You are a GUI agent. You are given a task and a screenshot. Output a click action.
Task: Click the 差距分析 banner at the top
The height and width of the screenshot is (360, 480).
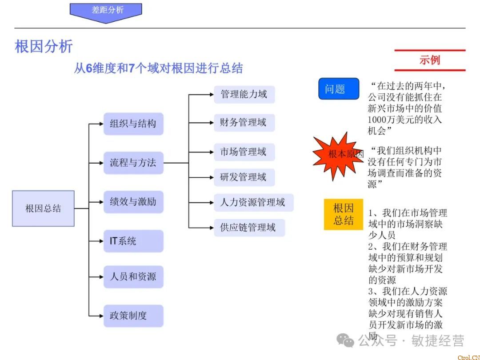106,11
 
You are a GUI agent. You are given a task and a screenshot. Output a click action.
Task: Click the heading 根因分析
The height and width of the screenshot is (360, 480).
44,47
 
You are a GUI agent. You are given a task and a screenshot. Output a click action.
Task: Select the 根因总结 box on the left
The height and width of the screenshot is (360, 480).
43,208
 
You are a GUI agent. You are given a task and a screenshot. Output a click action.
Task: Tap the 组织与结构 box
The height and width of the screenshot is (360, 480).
133,124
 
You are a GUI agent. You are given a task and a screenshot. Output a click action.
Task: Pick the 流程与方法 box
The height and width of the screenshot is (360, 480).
133,163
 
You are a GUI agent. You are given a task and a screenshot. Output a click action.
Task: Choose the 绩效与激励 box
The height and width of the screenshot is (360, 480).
133,202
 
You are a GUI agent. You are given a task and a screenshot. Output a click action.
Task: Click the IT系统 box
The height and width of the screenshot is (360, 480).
133,241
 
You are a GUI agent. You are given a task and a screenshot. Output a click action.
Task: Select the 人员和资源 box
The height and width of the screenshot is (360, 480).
133,276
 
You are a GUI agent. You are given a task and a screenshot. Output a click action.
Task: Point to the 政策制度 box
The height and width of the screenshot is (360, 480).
133,316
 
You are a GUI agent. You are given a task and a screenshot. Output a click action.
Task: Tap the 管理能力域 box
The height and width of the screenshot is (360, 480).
244,95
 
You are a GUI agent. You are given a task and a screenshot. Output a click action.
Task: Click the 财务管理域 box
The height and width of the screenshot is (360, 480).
244,123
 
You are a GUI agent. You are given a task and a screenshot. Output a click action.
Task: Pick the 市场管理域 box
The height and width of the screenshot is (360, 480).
244,152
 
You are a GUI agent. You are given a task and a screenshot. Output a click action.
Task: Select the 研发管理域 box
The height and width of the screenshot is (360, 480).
244,177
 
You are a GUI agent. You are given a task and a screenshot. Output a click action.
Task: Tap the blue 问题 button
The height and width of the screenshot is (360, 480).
339,89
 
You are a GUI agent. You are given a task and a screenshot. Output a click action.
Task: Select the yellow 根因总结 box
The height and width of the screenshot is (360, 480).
344,214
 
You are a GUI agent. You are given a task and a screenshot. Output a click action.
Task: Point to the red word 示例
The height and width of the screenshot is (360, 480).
429,60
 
